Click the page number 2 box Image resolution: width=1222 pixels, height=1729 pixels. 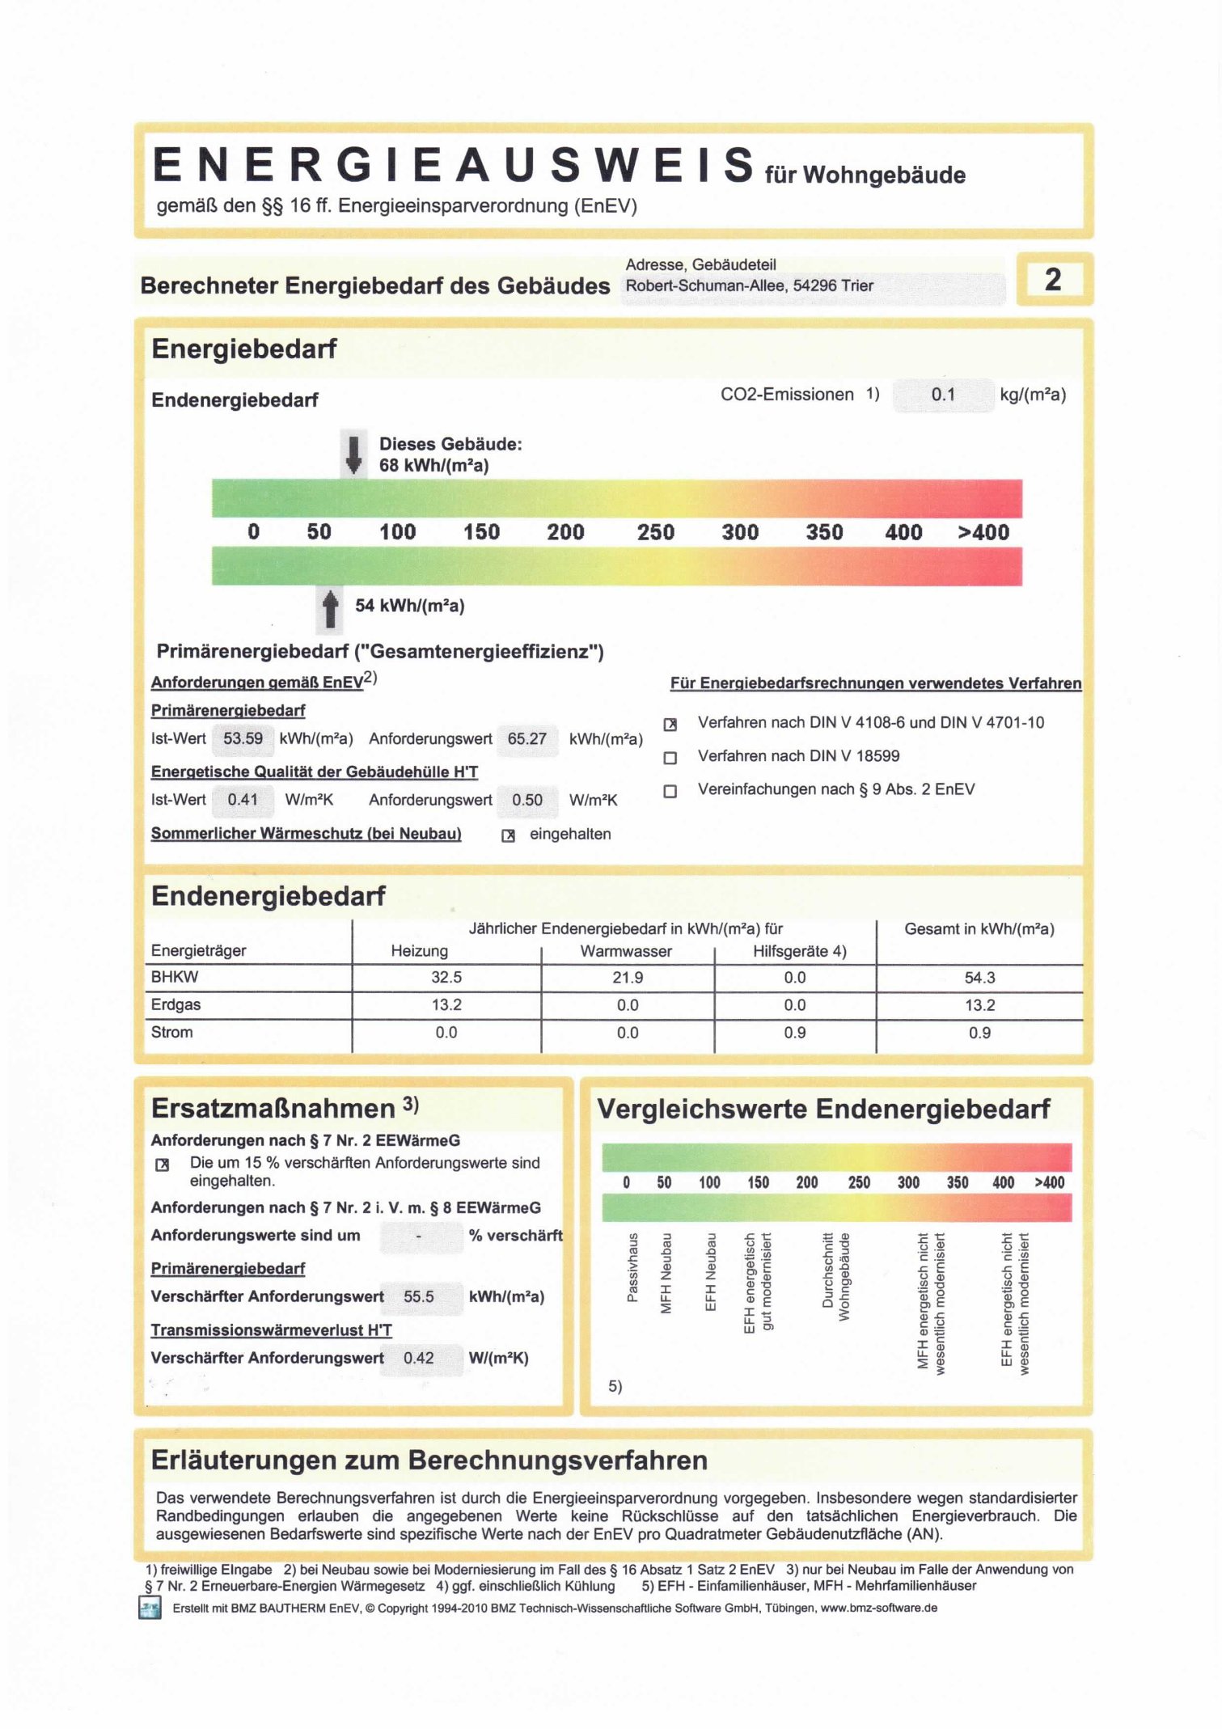[x=1053, y=280]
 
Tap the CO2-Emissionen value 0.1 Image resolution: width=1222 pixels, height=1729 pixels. [x=943, y=395]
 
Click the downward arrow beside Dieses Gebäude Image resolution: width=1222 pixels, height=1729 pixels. [x=353, y=454]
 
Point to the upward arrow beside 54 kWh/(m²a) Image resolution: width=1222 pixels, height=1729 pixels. [x=330, y=609]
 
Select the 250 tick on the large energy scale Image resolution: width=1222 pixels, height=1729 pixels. [x=655, y=532]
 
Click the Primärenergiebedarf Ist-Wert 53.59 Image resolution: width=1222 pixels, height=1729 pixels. [x=243, y=738]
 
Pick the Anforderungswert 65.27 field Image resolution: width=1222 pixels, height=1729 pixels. [x=526, y=738]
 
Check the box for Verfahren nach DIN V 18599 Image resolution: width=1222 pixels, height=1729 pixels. [x=670, y=758]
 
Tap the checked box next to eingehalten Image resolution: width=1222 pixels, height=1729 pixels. [x=508, y=835]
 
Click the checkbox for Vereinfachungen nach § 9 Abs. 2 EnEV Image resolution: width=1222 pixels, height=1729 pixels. [x=670, y=791]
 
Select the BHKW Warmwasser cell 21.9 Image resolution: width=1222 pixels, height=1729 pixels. [x=628, y=978]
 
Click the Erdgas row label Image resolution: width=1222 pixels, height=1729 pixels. [x=175, y=1004]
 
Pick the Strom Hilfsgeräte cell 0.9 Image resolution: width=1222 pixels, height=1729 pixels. [x=794, y=1033]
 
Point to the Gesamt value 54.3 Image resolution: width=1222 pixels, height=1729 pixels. [x=979, y=978]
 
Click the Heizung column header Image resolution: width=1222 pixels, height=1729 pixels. [x=419, y=951]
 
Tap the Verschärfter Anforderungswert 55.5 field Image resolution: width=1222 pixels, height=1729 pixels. [x=419, y=1296]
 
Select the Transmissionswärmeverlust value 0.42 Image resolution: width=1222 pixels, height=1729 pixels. [x=419, y=1358]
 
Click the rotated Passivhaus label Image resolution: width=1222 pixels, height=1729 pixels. [x=632, y=1267]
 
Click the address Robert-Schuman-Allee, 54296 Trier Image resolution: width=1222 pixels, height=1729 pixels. [x=749, y=285]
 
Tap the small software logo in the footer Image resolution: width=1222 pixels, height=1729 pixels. [x=150, y=1608]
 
